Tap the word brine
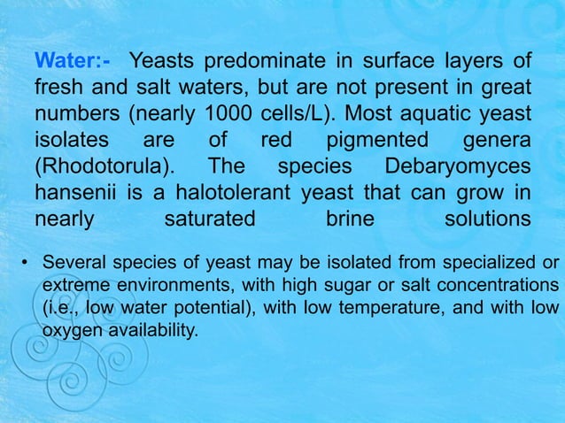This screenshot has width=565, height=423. [350, 219]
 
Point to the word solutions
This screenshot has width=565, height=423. [487, 219]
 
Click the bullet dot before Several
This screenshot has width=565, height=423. [27, 263]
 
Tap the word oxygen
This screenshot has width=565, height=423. [67, 329]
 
